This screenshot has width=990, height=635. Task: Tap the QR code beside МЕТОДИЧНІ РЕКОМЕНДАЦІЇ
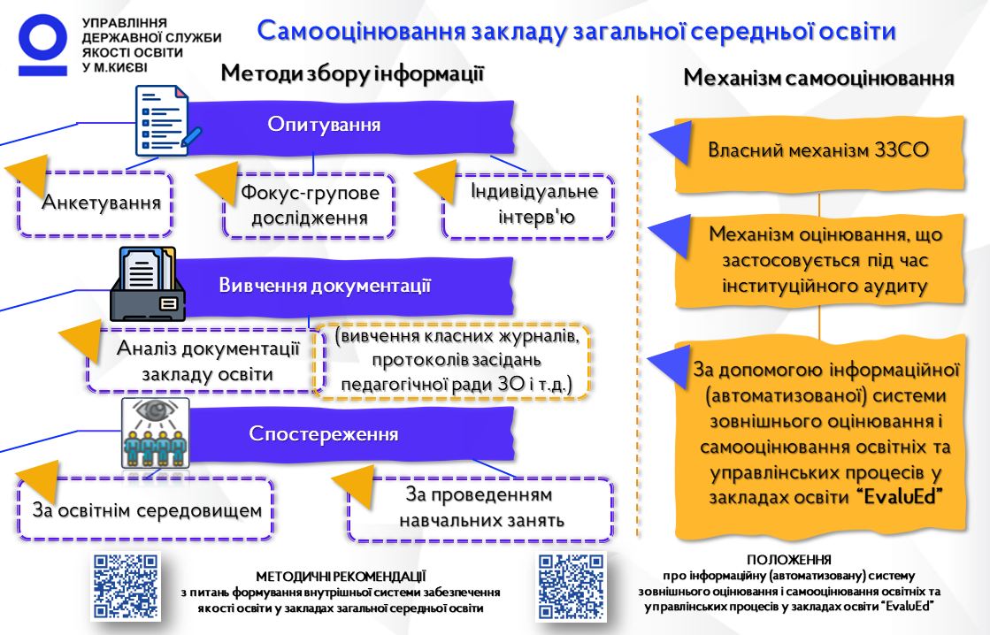tap(126, 585)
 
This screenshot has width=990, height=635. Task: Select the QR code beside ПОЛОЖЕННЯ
tap(571, 585)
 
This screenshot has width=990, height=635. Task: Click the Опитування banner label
tap(324, 125)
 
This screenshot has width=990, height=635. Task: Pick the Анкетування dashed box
tap(96, 203)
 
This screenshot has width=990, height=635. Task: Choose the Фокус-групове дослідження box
tap(310, 205)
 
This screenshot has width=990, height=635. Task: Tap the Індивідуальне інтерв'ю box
tap(529, 206)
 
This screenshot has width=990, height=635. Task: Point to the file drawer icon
tap(148, 284)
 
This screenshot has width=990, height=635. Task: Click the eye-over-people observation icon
tap(156, 433)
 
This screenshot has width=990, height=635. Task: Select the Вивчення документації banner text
tap(325, 286)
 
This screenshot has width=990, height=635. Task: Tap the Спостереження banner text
tap(323, 433)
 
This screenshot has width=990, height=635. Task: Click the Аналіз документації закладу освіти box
tap(206, 360)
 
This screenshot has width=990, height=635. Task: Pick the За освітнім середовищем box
tap(146, 509)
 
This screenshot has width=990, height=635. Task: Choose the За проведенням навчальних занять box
tap(480, 509)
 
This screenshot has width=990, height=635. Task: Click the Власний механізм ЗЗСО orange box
tap(819, 153)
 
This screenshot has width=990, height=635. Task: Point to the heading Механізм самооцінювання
tap(818, 78)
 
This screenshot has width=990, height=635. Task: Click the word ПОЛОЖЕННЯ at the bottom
tap(788, 559)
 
